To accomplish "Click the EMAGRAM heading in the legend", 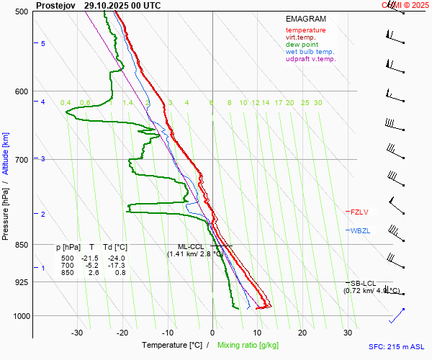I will [305, 19].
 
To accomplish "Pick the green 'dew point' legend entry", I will [302, 45].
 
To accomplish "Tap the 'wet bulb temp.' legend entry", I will [310, 52].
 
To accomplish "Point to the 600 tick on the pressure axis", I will [22, 91].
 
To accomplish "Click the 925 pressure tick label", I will [22, 282].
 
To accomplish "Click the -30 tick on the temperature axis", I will [77, 333].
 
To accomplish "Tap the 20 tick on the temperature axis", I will [302, 333].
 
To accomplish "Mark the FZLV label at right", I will [359, 212].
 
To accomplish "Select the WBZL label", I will [359, 231].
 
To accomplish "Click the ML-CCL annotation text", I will [192, 246].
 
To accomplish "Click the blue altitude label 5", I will [43, 44].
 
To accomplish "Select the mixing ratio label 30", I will [318, 103].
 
